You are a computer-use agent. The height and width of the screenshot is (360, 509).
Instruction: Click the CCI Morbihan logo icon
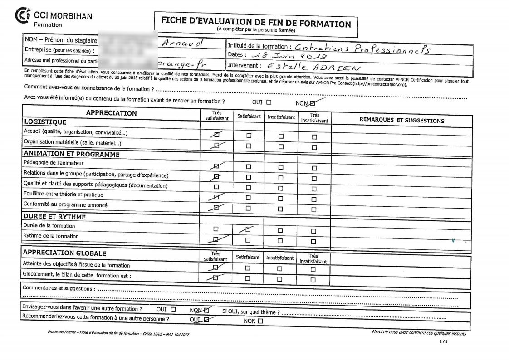[x=22, y=15]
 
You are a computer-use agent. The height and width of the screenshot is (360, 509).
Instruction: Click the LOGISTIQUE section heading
[x=45, y=122]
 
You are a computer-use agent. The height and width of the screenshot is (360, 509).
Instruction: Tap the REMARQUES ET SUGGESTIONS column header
[x=401, y=121]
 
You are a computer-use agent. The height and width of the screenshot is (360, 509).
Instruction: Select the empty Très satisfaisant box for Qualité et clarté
[x=216, y=187]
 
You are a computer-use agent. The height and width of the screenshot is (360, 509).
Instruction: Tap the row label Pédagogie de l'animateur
[x=53, y=163]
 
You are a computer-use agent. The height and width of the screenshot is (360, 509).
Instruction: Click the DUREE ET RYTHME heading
[x=54, y=217]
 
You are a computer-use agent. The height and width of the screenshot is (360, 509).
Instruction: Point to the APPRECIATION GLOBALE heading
[x=64, y=253]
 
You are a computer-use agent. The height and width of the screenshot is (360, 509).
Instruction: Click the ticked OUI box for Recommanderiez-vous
[x=206, y=320]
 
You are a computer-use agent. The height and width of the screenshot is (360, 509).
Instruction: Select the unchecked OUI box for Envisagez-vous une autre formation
[x=173, y=310]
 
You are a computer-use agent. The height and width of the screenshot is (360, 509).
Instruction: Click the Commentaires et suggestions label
[x=59, y=288]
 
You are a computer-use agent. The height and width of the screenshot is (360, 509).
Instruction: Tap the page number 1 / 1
[x=444, y=341]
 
